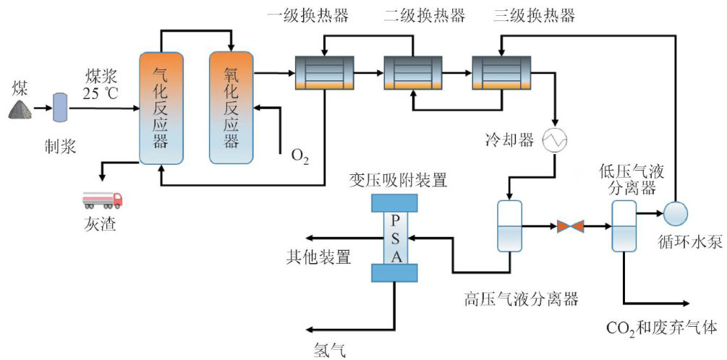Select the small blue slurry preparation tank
pyautogui.click(x=60, y=108)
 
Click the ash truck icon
pyautogui.click(x=102, y=200)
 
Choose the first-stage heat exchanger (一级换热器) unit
pyautogui.click(x=324, y=73)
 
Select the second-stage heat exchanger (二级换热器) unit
pyautogui.click(x=412, y=73)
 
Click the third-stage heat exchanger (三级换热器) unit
pyautogui.click(x=500, y=73)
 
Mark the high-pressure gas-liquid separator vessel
pyautogui.click(x=511, y=226)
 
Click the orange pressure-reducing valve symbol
pyautogui.click(x=571, y=227)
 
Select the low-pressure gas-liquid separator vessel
pyautogui.click(x=623, y=226)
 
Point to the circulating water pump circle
pyautogui.click(x=676, y=213)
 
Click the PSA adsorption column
pyautogui.click(x=394, y=238)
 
